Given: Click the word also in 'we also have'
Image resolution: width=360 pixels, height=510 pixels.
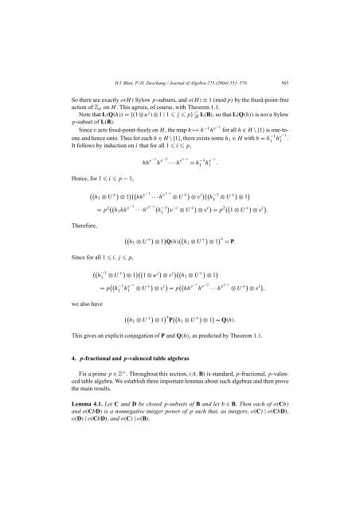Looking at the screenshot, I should [x=69, y=326].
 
